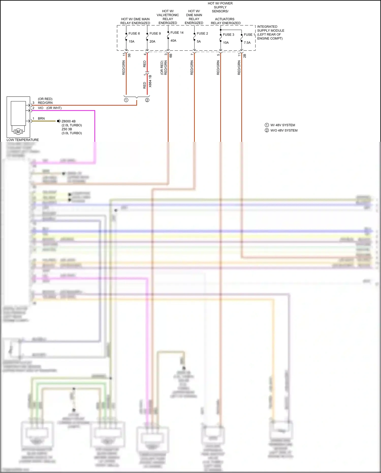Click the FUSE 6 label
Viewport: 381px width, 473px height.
(x=134, y=34)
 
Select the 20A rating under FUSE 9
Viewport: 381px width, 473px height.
(x=152, y=41)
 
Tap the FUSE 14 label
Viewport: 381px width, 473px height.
(x=177, y=33)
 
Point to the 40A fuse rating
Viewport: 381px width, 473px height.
(x=173, y=41)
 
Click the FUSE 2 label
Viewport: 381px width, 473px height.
(x=202, y=34)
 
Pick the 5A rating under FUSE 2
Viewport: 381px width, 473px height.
(x=199, y=41)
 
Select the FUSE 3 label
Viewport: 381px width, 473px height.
(x=228, y=35)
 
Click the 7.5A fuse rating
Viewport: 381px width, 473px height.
(x=247, y=43)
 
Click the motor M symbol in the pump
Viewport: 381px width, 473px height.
(x=18, y=132)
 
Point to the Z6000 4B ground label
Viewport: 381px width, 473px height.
(x=69, y=121)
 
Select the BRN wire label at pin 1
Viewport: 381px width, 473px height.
(x=41, y=118)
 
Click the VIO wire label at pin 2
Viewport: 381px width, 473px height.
(x=41, y=108)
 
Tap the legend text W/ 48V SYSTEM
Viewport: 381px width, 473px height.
(x=282, y=125)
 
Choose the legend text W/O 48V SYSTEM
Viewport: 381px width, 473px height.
(x=284, y=130)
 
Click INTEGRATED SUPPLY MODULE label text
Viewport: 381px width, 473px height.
(x=271, y=33)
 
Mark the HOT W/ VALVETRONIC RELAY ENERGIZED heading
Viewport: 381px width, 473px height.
(x=168, y=17)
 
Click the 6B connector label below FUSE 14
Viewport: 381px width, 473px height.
(x=171, y=55)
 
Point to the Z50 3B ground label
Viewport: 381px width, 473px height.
(x=67, y=129)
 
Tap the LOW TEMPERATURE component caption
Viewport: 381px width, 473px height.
(x=23, y=140)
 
